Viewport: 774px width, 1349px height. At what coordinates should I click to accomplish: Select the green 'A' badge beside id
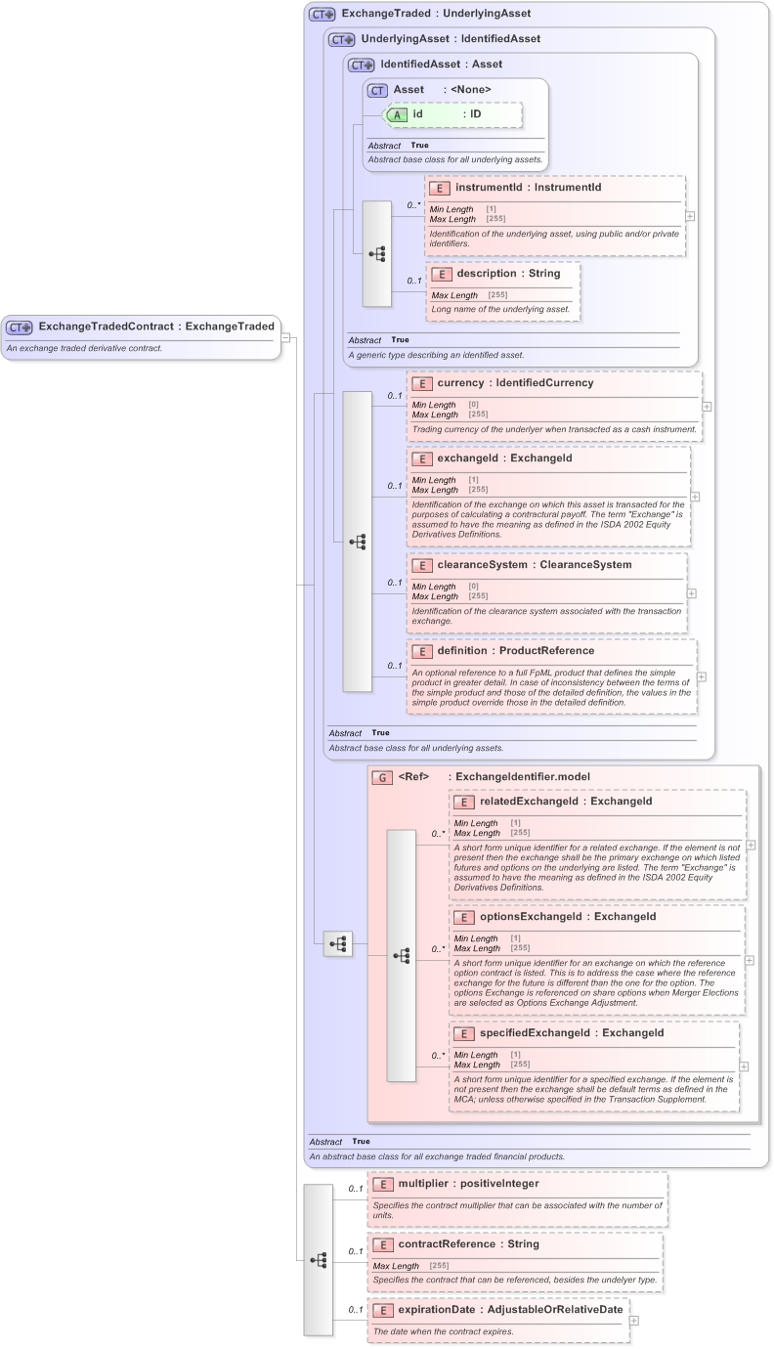397,114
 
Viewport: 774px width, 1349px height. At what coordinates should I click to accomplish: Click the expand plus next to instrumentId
691,217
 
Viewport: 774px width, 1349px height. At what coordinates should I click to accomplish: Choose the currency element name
475,383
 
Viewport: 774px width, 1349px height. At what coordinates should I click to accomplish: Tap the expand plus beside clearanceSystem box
692,592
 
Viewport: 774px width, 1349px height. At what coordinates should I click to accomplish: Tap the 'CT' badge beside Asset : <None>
378,90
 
